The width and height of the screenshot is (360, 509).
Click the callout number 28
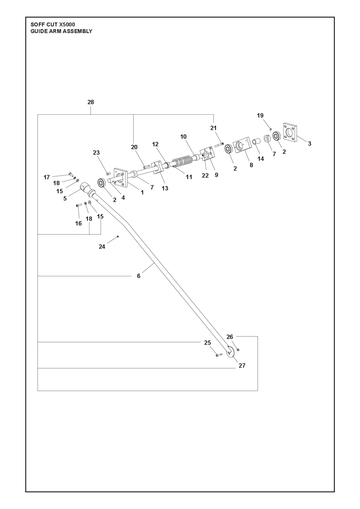[x=91, y=102]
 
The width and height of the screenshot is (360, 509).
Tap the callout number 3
[x=309, y=144]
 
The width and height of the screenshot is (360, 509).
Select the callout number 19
[x=260, y=115]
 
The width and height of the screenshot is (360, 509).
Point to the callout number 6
[x=138, y=276]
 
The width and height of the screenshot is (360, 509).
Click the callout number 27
[x=242, y=366]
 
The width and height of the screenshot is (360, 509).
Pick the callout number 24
[x=102, y=247]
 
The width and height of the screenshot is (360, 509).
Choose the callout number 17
[x=47, y=177]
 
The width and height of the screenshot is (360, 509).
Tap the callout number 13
[x=165, y=188]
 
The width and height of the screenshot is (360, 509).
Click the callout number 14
[x=261, y=159]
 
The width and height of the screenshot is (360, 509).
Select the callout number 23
[x=96, y=153]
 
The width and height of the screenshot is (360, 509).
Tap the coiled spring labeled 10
[x=182, y=163]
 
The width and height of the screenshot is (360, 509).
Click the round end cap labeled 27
[x=230, y=351]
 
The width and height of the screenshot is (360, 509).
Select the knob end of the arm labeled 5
[x=85, y=187]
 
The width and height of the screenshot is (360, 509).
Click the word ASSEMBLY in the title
[x=77, y=31]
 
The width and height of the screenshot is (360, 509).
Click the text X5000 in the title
[x=67, y=25]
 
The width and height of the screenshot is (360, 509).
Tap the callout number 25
[x=207, y=343]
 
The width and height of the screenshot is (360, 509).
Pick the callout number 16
[x=78, y=223]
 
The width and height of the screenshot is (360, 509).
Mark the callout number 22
[x=205, y=175]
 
